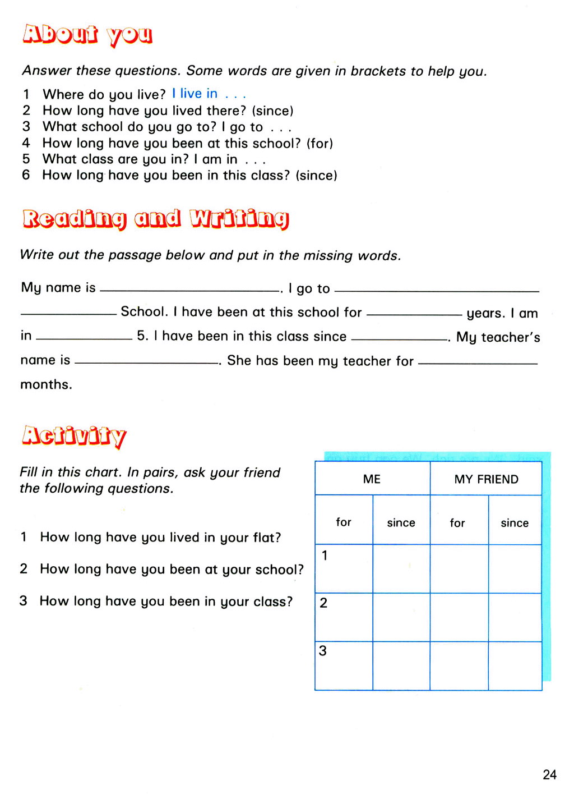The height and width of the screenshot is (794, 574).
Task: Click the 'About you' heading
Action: click(87, 35)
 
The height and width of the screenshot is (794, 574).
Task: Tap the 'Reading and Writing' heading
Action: click(156, 218)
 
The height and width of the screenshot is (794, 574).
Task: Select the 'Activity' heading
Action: click(74, 436)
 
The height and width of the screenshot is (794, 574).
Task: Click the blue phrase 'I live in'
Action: click(195, 94)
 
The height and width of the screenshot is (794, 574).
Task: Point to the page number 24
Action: click(549, 775)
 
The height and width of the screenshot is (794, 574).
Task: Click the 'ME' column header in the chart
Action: click(372, 479)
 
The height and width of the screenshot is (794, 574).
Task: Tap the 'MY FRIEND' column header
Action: click(486, 479)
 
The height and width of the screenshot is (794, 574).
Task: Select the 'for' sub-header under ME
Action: click(344, 522)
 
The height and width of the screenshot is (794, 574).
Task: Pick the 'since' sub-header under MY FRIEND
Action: click(515, 523)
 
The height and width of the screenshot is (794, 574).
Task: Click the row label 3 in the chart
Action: click(323, 651)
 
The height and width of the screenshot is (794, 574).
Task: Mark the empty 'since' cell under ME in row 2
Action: click(401, 617)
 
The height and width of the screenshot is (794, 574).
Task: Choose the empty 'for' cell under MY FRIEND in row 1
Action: click(459, 568)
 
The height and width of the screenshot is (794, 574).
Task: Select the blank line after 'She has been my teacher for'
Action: click(478, 364)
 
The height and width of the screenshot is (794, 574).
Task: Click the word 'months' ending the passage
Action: click(46, 385)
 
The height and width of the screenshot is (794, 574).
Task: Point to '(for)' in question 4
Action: click(320, 144)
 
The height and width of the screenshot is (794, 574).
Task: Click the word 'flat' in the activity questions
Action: click(264, 538)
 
